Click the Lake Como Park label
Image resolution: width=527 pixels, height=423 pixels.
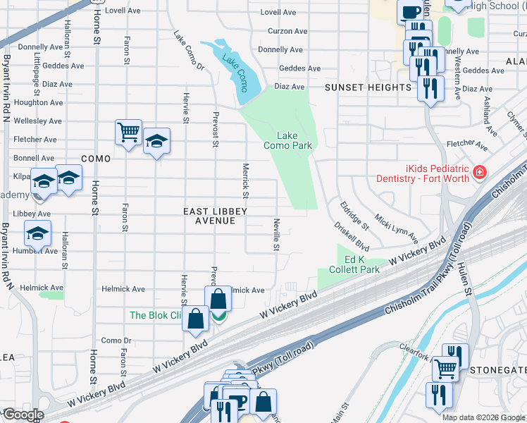[287, 140]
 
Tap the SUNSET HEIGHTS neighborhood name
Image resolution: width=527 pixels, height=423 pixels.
[368, 87]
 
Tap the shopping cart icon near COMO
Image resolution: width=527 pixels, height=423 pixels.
[128, 132]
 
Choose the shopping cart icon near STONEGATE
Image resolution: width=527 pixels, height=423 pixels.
[444, 367]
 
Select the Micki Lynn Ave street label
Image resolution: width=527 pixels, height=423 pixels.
[396, 227]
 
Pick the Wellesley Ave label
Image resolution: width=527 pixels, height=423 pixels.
[35, 121]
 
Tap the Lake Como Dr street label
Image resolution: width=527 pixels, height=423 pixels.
[189, 51]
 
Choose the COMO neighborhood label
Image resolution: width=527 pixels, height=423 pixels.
[96, 159]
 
